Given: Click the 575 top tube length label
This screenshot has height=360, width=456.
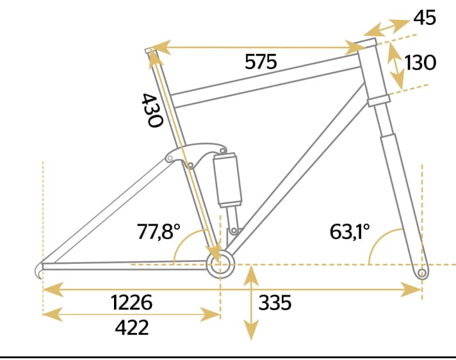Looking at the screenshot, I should pos(261,62).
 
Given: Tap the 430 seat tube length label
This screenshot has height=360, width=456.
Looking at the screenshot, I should pos(151,110).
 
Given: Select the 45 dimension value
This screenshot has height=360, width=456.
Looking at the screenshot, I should pos(425,17).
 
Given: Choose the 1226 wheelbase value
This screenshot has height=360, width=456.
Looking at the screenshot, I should pos(132,302).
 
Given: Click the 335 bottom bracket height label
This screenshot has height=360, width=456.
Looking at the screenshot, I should pos(275,302).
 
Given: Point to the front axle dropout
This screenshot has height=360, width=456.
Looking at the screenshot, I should pos(421,274).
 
